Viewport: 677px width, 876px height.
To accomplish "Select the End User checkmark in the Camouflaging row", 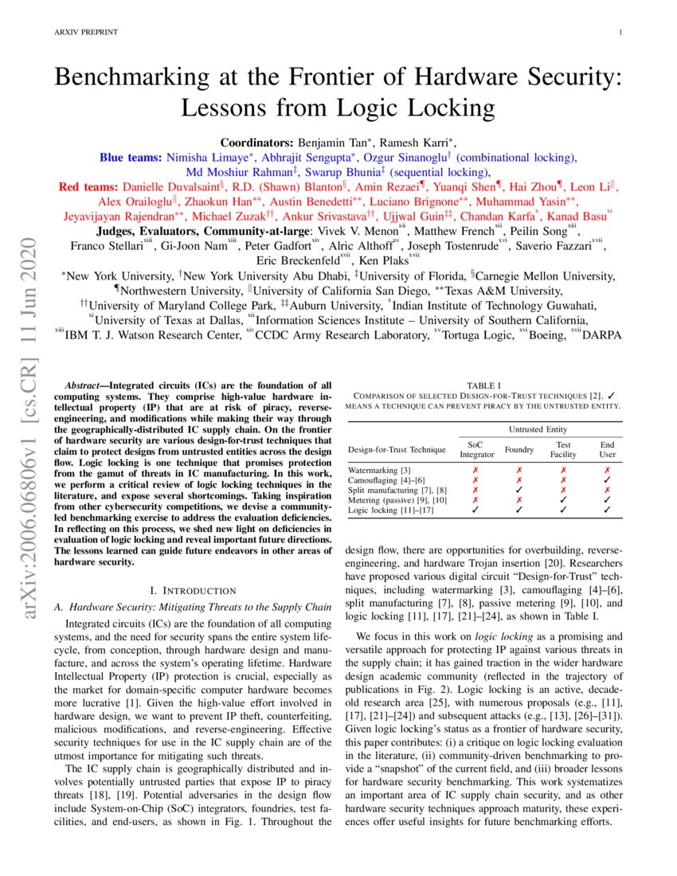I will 608,481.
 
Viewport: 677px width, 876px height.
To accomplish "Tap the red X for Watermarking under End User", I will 608,471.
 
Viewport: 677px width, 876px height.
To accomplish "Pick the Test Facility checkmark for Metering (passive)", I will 563,501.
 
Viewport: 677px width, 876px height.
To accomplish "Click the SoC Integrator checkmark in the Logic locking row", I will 476,510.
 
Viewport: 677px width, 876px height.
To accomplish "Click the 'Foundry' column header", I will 519,449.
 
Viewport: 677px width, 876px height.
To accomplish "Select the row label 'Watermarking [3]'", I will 379,471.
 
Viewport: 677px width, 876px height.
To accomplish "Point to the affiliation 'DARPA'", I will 605,336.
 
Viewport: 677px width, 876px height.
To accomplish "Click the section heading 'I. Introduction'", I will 193,590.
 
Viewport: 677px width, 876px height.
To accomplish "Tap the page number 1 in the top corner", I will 620,32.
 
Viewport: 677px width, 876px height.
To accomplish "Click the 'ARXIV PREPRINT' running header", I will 85,32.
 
